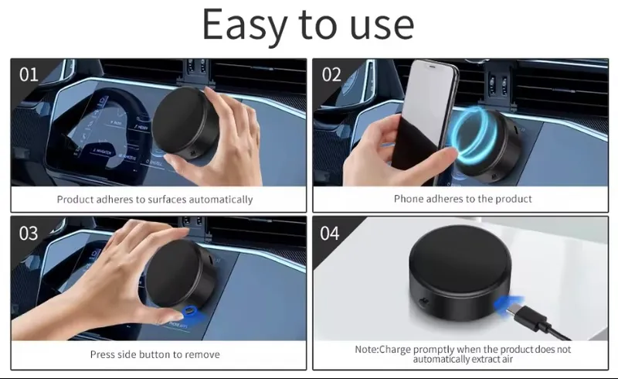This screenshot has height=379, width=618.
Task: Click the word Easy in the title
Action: (x=245, y=26)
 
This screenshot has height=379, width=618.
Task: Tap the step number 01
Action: (x=29, y=74)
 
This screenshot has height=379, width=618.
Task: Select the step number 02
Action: (x=331, y=74)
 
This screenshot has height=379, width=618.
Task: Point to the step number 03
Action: (x=29, y=233)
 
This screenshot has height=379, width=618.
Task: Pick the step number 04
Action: (x=330, y=233)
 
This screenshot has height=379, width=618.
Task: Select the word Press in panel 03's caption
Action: (x=103, y=354)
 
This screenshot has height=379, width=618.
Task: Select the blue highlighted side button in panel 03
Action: (x=191, y=311)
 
